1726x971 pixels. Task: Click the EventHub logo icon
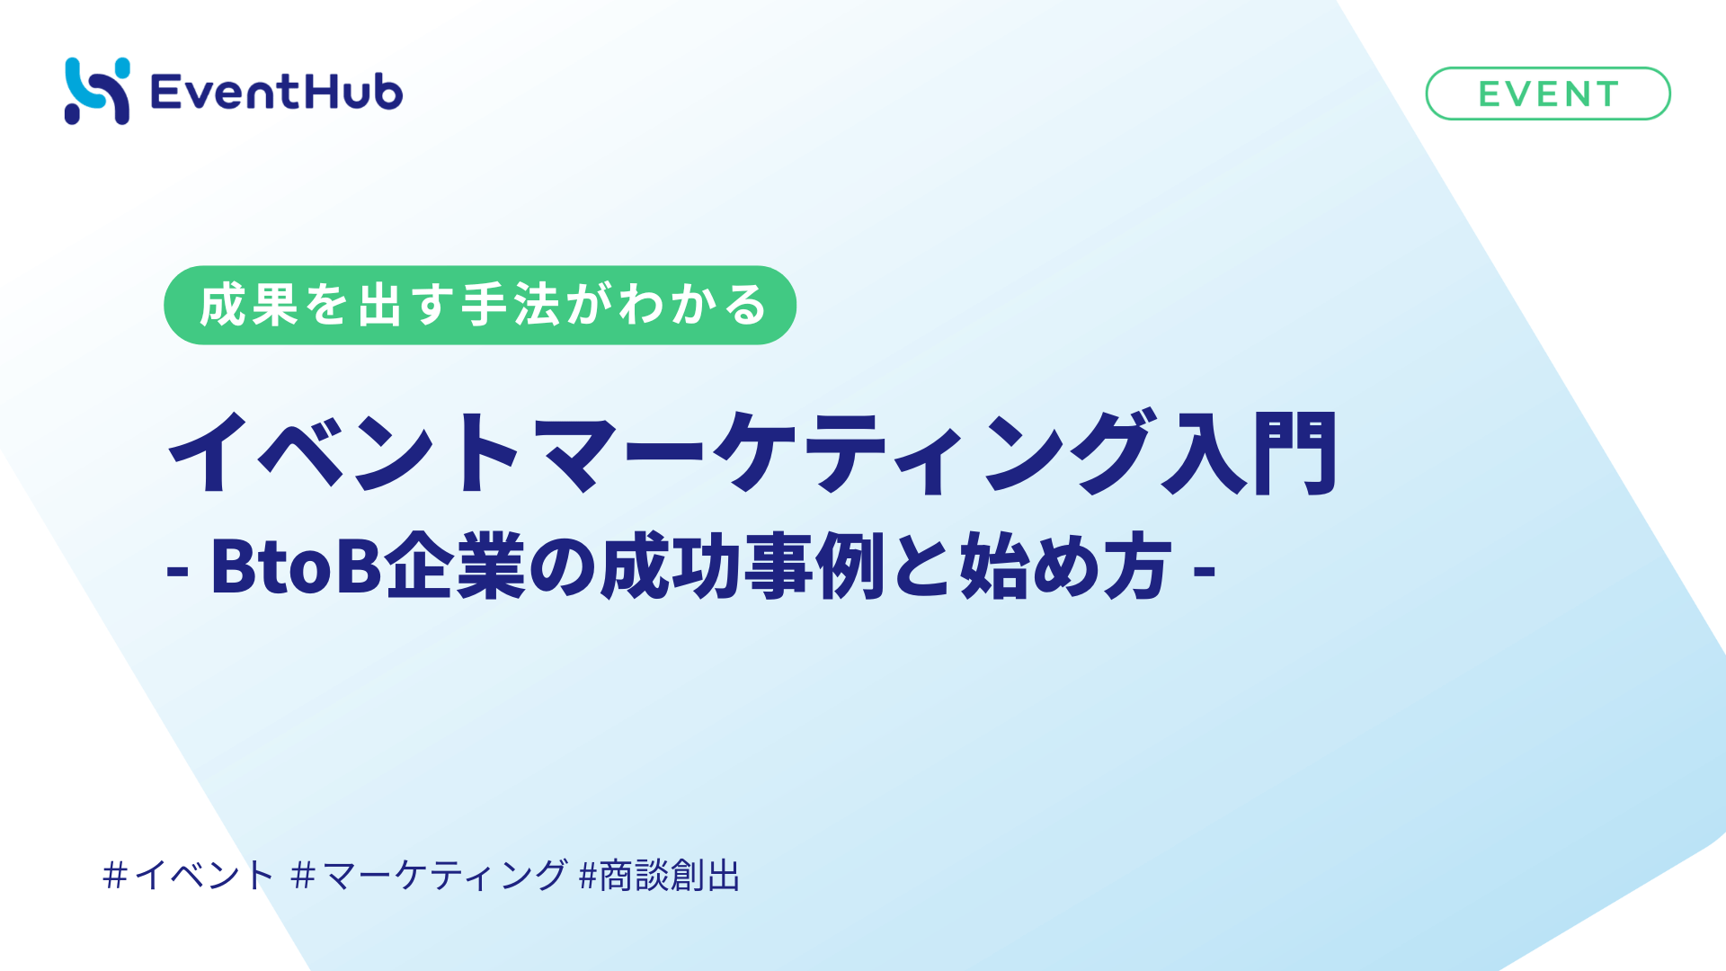[x=97, y=91]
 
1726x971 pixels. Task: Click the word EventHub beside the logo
[x=276, y=92]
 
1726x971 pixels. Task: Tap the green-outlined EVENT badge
[x=1547, y=94]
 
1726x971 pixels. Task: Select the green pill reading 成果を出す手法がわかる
[x=480, y=305]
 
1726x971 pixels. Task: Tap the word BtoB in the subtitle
[x=297, y=566]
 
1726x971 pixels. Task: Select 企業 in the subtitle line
[x=455, y=566]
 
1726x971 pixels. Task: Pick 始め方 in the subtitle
[x=1066, y=566]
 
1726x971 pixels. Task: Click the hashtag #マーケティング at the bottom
[x=430, y=875]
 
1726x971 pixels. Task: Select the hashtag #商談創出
[x=660, y=875]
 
